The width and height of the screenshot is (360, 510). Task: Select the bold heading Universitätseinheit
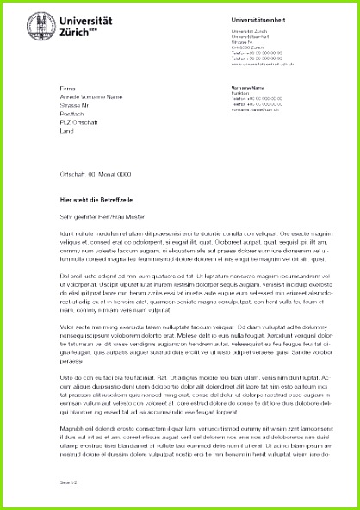click(x=255, y=19)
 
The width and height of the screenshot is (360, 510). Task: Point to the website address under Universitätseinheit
click(x=268, y=63)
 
